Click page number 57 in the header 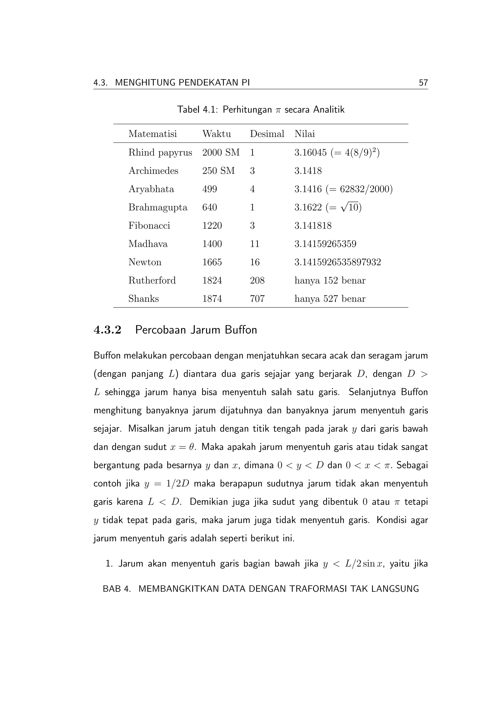click(423, 83)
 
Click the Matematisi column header click(152, 134)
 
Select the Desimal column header click(267, 134)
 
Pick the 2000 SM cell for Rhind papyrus click(221, 152)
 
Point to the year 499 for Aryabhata click(210, 189)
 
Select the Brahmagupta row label click(158, 207)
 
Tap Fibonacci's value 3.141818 click(313, 226)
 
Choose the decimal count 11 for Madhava click(254, 244)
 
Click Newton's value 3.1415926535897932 click(338, 262)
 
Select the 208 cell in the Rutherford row click(257, 280)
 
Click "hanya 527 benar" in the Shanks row click(330, 299)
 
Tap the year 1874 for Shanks click(212, 299)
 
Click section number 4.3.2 click(107, 330)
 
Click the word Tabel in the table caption click(188, 110)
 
